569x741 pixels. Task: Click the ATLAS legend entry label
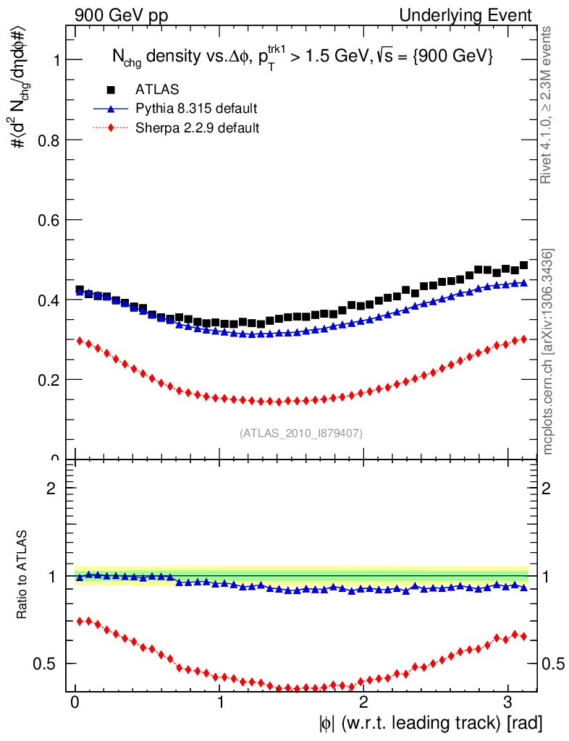click(157, 90)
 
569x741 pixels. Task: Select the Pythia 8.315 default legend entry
click(195, 109)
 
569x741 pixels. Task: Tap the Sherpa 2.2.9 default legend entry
click(198, 128)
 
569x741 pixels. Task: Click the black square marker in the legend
click(111, 90)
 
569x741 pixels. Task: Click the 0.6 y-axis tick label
click(49, 220)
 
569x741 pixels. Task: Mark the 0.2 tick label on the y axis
click(49, 380)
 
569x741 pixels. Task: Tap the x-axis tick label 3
click(508, 703)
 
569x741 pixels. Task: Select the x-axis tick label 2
click(364, 703)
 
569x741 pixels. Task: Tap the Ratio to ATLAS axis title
click(23, 575)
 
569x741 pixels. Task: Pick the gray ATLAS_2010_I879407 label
click(301, 433)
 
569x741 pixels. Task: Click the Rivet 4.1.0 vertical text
click(547, 105)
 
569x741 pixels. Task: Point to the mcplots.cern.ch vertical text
click(548, 352)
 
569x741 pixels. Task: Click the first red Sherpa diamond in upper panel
click(80, 341)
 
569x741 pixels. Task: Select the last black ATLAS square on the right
click(523, 266)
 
